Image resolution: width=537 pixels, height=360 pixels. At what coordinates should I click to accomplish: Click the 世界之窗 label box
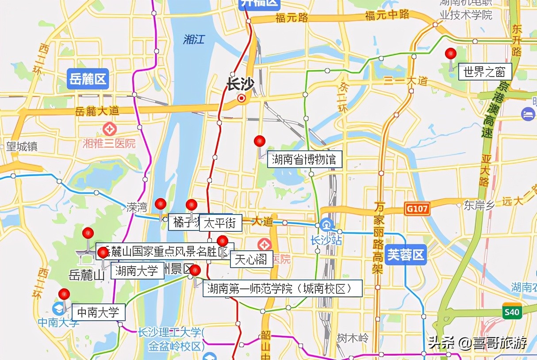point(485,71)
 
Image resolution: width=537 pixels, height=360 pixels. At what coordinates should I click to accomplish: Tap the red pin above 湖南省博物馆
point(260,142)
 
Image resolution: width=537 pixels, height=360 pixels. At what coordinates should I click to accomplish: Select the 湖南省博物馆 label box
point(304,159)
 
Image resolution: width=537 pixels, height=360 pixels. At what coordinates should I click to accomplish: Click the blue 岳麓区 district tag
point(88,80)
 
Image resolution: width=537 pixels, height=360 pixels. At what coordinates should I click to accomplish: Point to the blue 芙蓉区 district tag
point(405,255)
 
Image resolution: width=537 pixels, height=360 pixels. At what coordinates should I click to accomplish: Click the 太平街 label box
point(220,223)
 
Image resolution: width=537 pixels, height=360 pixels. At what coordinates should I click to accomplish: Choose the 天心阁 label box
point(251,260)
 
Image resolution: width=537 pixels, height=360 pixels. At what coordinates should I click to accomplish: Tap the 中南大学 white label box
point(98,312)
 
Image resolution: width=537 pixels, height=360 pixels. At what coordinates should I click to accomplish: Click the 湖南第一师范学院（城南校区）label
point(282,288)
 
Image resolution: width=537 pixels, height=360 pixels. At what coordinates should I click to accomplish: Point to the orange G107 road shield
point(417,209)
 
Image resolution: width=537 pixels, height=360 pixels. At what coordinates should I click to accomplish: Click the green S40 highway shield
point(511,312)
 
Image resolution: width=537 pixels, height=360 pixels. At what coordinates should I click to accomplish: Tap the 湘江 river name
point(194,39)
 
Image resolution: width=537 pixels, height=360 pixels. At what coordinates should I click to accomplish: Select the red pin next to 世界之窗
point(451,54)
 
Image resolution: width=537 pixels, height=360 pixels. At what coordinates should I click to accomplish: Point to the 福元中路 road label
point(387,15)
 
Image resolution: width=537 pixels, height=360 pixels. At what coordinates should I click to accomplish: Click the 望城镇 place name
point(21,146)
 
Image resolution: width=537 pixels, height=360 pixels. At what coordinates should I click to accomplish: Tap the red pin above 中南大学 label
point(65,294)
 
